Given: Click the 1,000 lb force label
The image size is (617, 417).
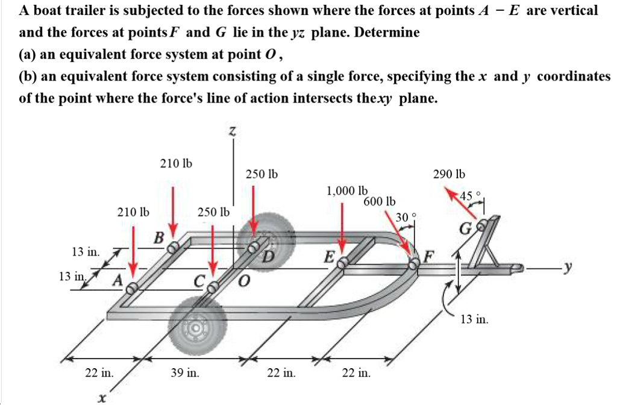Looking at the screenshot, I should point(347,192).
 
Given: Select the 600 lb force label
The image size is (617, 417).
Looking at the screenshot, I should point(380,201).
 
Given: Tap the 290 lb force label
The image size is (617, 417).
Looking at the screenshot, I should point(449,175).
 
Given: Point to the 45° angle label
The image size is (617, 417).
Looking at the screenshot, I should point(469,195).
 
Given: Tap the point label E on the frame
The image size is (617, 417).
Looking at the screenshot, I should point(329,257).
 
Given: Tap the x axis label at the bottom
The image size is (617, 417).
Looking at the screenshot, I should point(103,398).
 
